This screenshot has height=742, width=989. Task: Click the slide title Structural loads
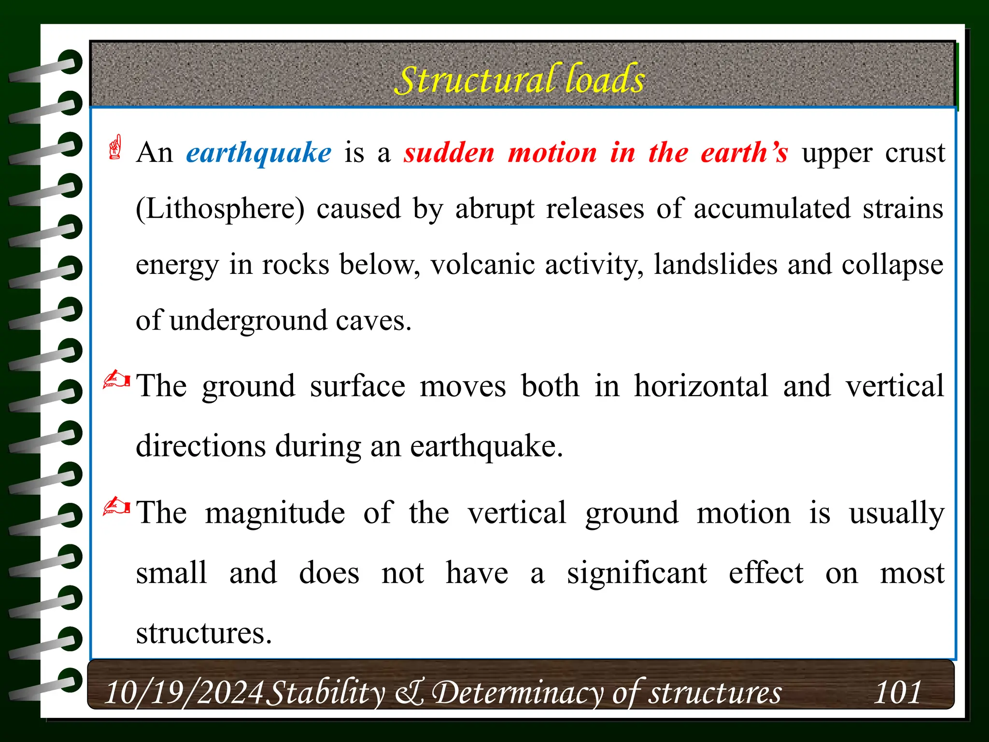(520, 80)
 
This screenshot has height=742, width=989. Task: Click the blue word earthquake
(259, 154)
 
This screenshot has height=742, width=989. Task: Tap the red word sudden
(449, 154)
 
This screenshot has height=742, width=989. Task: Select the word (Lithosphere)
(220, 210)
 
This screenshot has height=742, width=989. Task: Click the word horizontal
(701, 386)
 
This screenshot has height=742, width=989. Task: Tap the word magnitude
(275, 513)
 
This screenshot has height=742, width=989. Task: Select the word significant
(636, 573)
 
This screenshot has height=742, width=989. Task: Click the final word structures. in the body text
(204, 633)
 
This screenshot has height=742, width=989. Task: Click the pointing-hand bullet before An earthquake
(115, 147)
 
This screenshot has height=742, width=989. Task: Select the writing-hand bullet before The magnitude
(116, 507)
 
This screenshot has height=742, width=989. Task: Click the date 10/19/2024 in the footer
(184, 692)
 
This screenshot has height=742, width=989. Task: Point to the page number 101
(898, 692)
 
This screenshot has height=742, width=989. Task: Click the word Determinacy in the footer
(517, 692)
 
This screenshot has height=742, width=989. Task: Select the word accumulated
(772, 210)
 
